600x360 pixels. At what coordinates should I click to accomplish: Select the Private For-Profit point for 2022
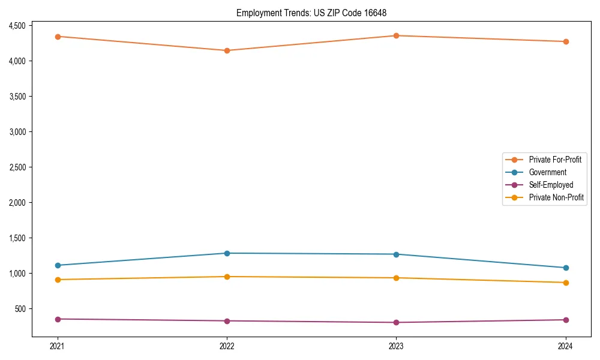point(227,50)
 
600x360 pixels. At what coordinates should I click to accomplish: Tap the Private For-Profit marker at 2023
point(396,35)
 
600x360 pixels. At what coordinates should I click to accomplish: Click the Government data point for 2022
point(227,253)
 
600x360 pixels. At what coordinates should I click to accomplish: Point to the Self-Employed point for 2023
point(396,322)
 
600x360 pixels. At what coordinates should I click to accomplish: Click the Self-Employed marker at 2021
point(58,319)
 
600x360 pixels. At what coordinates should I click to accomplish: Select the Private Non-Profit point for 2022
point(227,277)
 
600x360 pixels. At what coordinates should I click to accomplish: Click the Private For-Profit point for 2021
point(58,37)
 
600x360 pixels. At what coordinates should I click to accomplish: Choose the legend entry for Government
point(547,172)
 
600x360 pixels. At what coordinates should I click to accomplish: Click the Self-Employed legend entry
point(551,185)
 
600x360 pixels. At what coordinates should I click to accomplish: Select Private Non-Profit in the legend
point(556,197)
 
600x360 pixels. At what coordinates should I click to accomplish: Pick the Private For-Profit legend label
point(555,160)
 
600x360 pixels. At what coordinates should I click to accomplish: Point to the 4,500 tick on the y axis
point(17,26)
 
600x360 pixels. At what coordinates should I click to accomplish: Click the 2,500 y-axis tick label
point(17,167)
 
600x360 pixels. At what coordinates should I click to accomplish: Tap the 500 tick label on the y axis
point(20,308)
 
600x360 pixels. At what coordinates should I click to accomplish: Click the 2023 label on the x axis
point(396,346)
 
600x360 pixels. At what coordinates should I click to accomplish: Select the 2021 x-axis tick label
point(58,346)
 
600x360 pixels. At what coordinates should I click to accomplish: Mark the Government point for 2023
point(396,254)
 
